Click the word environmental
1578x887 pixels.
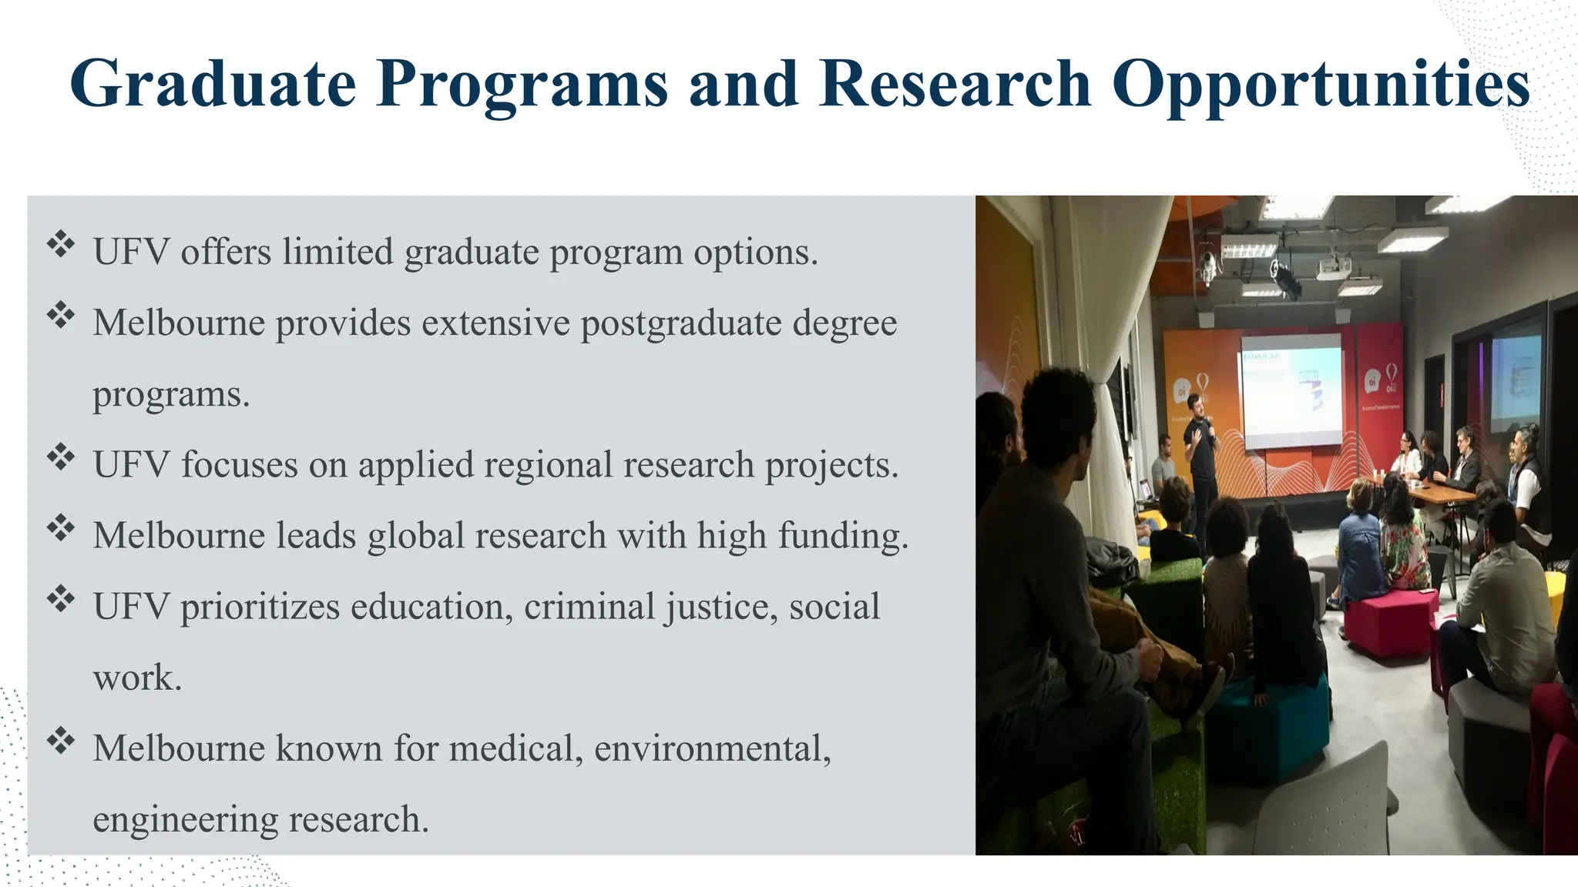712,748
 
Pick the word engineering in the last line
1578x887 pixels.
185,818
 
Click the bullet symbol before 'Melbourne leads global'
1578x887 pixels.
60,528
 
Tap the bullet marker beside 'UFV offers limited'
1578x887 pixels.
60,245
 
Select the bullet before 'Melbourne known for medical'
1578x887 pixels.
60,741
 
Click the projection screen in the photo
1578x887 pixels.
1291,390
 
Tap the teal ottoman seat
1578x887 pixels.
1271,724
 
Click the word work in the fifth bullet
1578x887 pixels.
136,678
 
